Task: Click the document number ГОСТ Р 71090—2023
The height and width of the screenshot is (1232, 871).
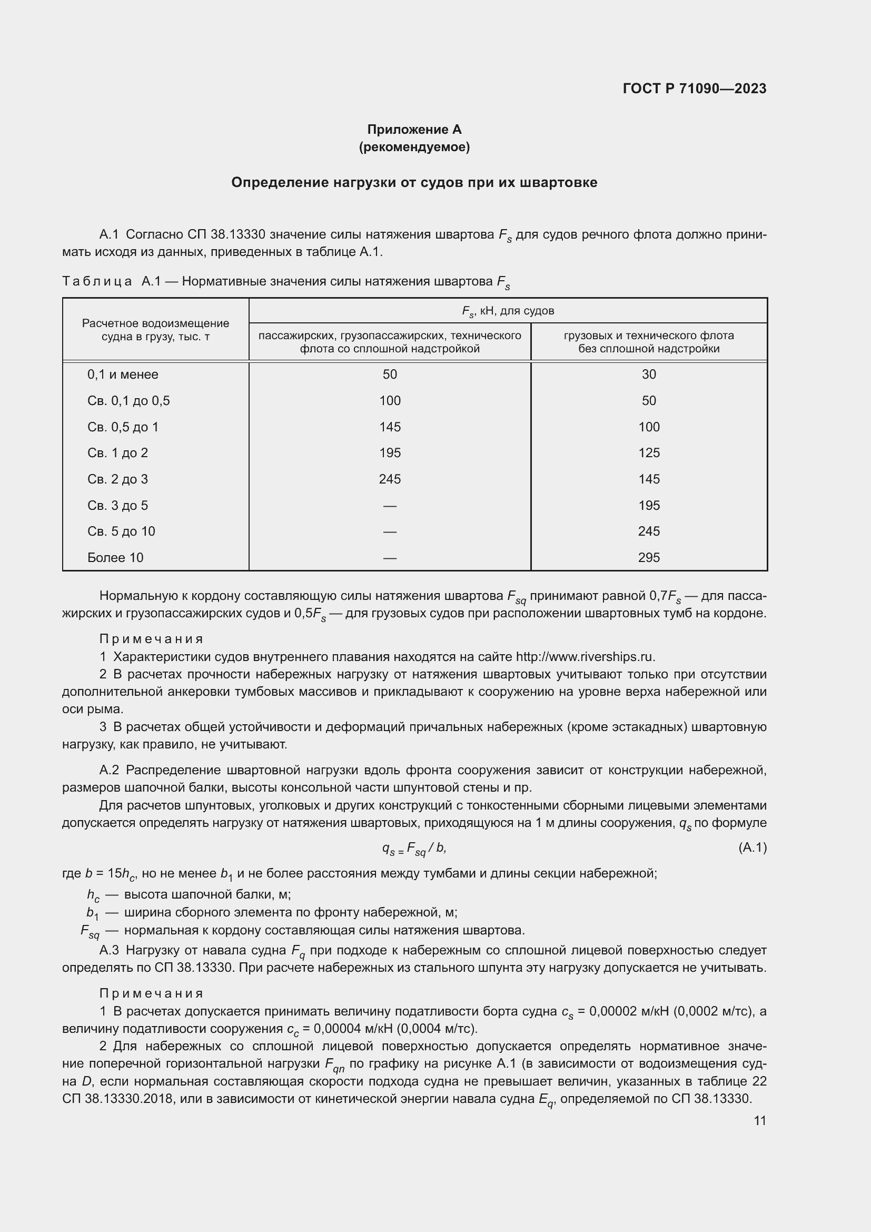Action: pyautogui.click(x=695, y=88)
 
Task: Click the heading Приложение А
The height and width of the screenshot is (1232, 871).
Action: pyautogui.click(x=414, y=130)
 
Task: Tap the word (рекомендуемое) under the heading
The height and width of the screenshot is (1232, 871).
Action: pyautogui.click(x=414, y=147)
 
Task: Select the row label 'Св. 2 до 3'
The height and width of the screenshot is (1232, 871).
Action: pyautogui.click(x=117, y=479)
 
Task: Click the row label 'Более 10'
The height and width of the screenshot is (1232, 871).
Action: pyautogui.click(x=115, y=557)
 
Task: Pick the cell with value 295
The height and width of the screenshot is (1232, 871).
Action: pyautogui.click(x=648, y=557)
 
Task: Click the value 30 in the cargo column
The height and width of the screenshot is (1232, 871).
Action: pyautogui.click(x=648, y=374)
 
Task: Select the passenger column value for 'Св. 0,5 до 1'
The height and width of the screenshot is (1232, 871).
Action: pyautogui.click(x=389, y=427)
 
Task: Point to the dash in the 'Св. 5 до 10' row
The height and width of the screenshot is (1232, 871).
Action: pyautogui.click(x=389, y=532)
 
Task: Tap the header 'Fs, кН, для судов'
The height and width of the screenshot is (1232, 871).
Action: pyautogui.click(x=507, y=311)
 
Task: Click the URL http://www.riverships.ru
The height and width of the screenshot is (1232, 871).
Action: pyautogui.click(x=585, y=657)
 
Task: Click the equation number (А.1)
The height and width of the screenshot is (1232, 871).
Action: pyautogui.click(x=752, y=847)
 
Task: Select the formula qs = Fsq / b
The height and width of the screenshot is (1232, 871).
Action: pyautogui.click(x=413, y=849)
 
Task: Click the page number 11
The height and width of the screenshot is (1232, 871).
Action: pyautogui.click(x=759, y=1121)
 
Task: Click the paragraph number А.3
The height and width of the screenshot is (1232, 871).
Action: pyautogui.click(x=109, y=950)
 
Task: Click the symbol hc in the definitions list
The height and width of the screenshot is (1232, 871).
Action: pyautogui.click(x=93, y=895)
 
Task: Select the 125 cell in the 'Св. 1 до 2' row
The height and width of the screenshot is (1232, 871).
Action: pyautogui.click(x=648, y=453)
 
